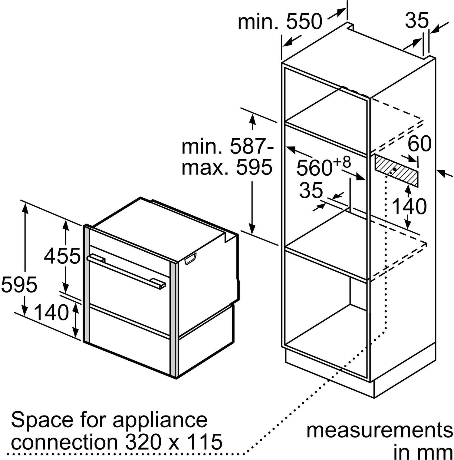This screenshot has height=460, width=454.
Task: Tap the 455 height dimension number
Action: click(x=62, y=256)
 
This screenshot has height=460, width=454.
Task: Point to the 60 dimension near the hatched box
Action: click(x=419, y=144)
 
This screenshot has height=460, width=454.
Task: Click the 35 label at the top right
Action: click(x=417, y=20)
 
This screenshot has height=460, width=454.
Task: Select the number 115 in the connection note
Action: click(x=204, y=442)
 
